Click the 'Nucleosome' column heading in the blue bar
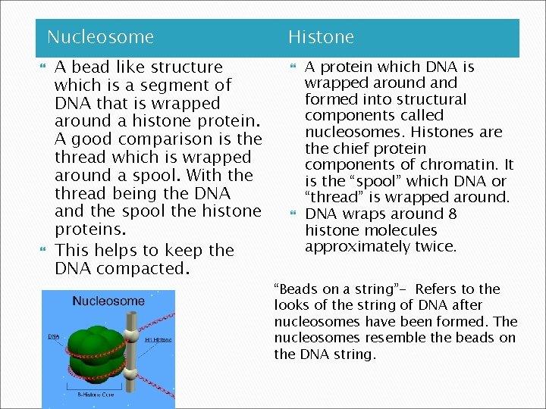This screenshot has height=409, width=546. [100, 37]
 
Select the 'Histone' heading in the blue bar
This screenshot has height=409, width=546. [321, 37]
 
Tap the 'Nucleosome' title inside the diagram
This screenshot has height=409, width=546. [108, 301]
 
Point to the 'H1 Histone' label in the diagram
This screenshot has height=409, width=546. [158, 340]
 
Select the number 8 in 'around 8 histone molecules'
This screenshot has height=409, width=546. [453, 214]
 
